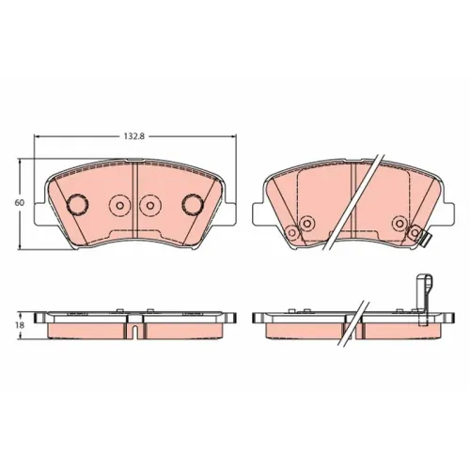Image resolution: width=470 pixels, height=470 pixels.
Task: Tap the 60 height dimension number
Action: pyautogui.click(x=19, y=202)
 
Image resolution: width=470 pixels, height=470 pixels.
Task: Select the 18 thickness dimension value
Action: pyautogui.click(x=20, y=325)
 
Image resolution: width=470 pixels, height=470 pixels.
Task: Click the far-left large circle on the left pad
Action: pyautogui.click(x=78, y=205)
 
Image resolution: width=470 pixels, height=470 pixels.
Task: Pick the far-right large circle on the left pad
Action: pyautogui.click(x=193, y=204)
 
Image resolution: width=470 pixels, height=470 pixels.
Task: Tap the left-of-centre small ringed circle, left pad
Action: pyautogui.click(x=119, y=206)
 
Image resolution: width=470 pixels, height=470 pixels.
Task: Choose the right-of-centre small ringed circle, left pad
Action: pyautogui.click(x=150, y=206)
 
